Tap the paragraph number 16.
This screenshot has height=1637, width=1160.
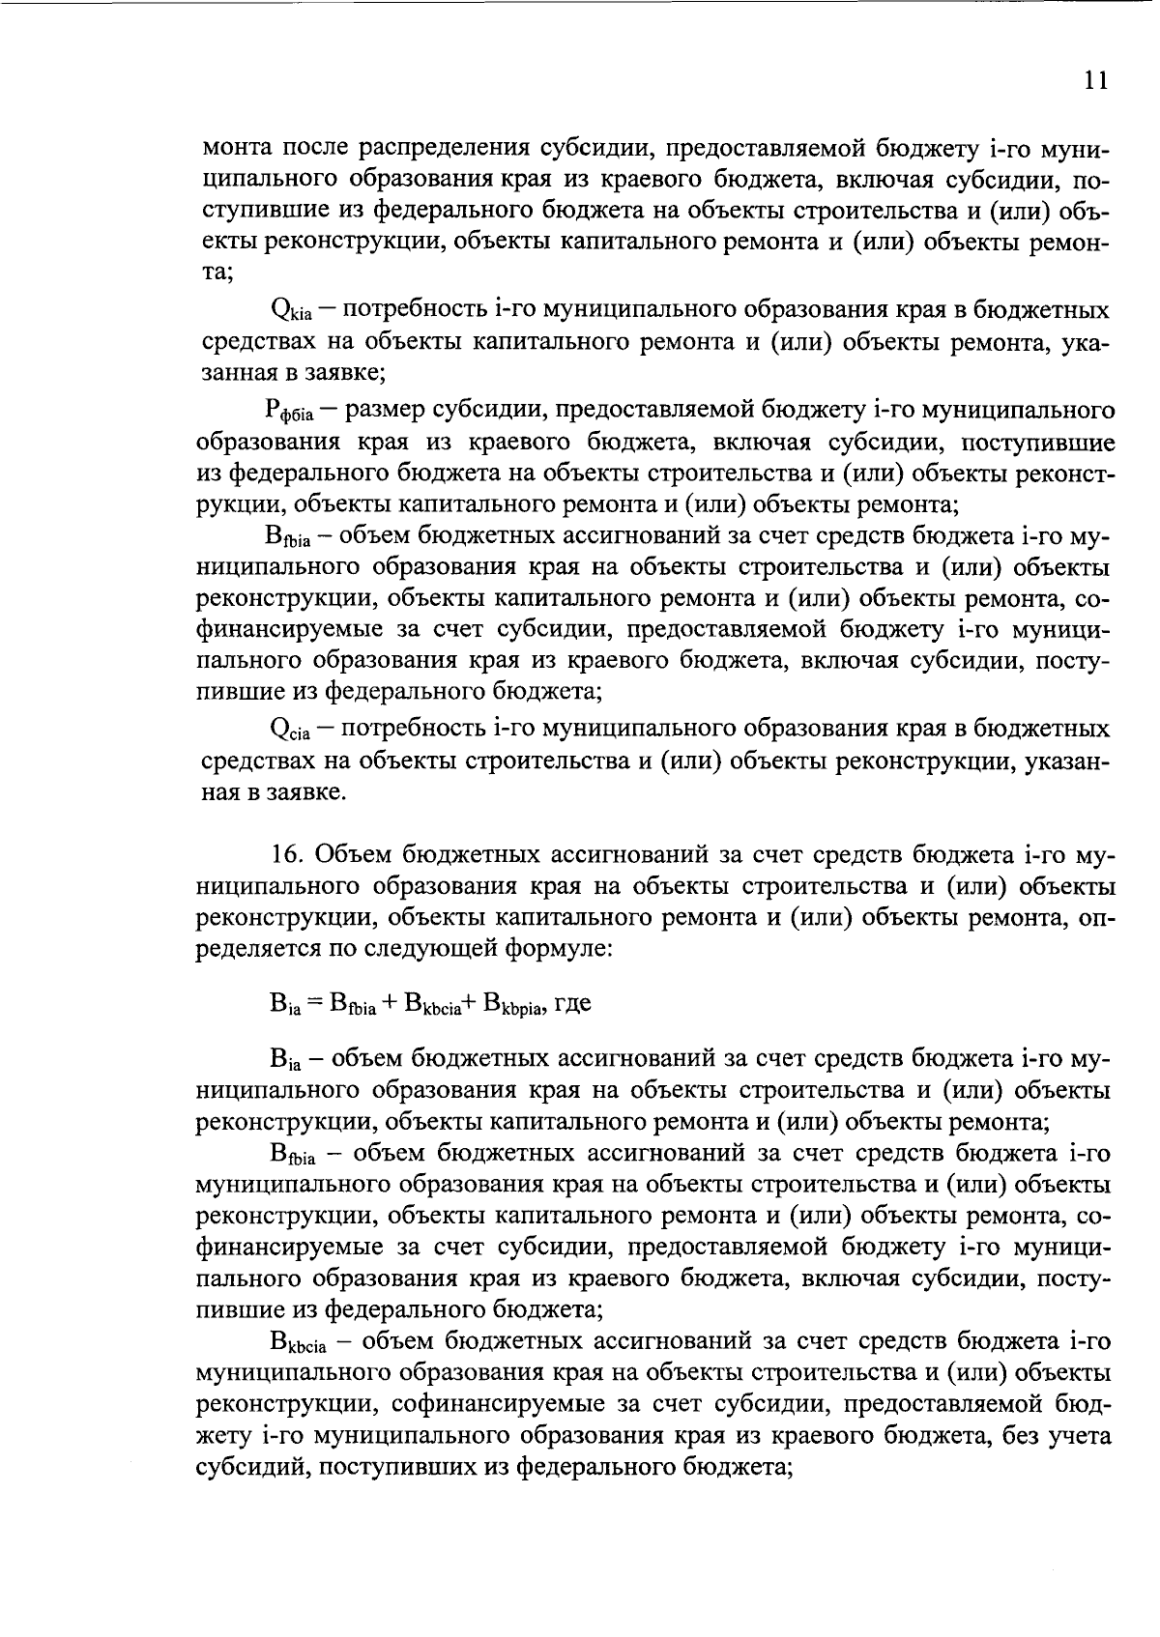[287, 854]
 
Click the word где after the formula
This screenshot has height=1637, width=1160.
[572, 1003]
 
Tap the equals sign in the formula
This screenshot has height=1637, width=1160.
[316, 1003]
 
